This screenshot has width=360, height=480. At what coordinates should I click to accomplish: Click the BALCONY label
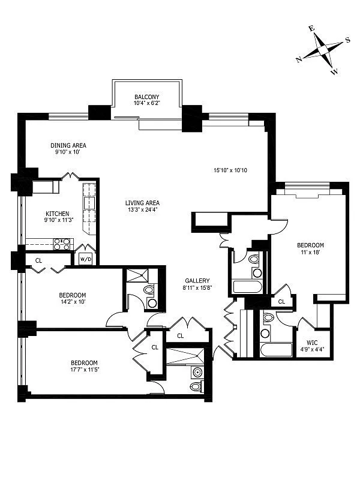pos(146,97)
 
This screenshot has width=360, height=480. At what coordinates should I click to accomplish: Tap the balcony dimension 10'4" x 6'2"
pos(146,103)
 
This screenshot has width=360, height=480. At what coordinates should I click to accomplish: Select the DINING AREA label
pos(68,145)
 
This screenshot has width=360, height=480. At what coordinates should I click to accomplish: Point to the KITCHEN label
pos(58,214)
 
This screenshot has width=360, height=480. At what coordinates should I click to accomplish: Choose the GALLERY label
pos(197,280)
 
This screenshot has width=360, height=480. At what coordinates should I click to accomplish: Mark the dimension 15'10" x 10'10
pos(231,170)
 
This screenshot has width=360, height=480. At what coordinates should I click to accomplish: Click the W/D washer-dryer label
pos(85,259)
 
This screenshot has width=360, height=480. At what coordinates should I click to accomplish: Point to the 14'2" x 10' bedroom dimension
pos(72,302)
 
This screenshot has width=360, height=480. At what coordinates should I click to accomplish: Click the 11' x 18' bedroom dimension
pos(310,252)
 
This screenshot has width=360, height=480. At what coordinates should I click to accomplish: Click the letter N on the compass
pos(299,59)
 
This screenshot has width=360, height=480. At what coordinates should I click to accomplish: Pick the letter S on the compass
pos(347,41)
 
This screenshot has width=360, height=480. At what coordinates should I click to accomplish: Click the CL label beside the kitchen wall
pos(38,260)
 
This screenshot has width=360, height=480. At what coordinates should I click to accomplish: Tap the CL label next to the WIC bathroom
pos(281,302)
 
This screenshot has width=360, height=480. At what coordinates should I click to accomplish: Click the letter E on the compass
pos(311,28)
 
